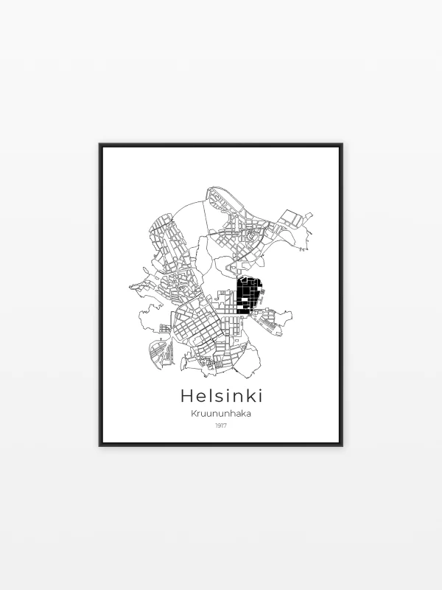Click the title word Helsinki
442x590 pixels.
tap(221, 396)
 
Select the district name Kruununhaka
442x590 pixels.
tap(221, 414)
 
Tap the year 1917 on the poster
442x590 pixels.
tap(221, 426)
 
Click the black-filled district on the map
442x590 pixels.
tap(247, 296)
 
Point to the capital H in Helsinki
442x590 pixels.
tap(187, 396)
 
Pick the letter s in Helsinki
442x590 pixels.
tap(220, 398)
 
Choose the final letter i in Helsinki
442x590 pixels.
tap(259, 396)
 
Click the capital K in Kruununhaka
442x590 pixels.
tap(194, 414)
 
